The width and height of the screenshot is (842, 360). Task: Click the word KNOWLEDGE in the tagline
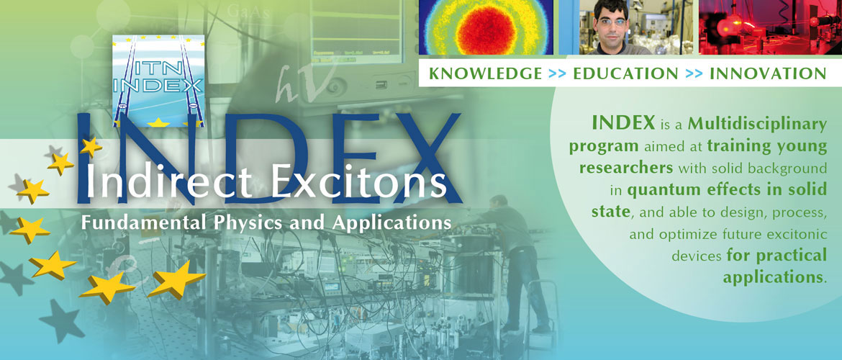pyautogui.click(x=486, y=73)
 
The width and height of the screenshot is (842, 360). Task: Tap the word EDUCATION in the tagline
pyautogui.click(x=625, y=73)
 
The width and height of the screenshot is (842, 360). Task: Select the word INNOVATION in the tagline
pyautogui.click(x=768, y=73)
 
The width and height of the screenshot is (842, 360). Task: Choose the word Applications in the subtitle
pyautogui.click(x=391, y=222)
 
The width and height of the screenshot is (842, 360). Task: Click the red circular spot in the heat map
pyautogui.click(x=486, y=28)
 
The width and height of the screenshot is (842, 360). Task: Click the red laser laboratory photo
pyautogui.click(x=770, y=27)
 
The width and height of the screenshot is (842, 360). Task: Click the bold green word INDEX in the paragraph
pyautogui.click(x=623, y=123)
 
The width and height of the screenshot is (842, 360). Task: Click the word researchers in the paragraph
pyautogui.click(x=626, y=168)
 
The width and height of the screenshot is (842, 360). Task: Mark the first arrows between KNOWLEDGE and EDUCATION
pyautogui.click(x=558, y=73)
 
